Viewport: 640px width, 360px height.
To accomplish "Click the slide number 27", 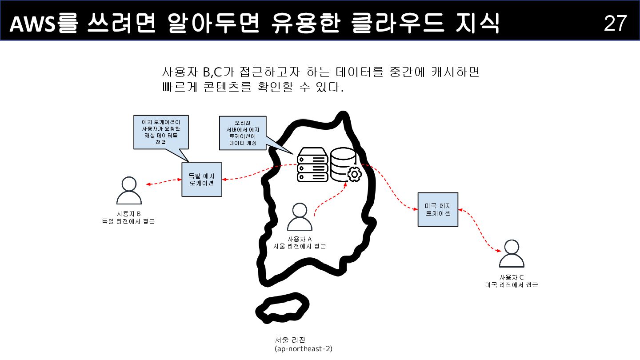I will (x=615, y=23).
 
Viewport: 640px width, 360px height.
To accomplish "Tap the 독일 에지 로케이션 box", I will (x=202, y=179).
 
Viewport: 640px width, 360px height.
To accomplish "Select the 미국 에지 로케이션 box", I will (x=438, y=209).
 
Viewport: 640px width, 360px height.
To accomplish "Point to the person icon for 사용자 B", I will (x=128, y=191).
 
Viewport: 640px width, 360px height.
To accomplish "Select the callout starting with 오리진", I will (x=243, y=132).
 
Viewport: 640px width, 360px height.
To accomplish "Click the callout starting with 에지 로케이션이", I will (x=160, y=132).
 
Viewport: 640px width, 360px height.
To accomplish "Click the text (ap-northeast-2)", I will (x=304, y=349).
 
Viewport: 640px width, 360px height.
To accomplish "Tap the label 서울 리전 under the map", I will (x=293, y=340).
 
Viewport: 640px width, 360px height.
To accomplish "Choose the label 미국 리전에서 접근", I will (x=511, y=285).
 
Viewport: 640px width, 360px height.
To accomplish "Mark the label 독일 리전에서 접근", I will (x=128, y=221).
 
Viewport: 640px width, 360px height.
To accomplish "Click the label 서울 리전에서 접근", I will (x=300, y=246).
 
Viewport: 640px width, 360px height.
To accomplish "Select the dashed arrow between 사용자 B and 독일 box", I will (x=164, y=182).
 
